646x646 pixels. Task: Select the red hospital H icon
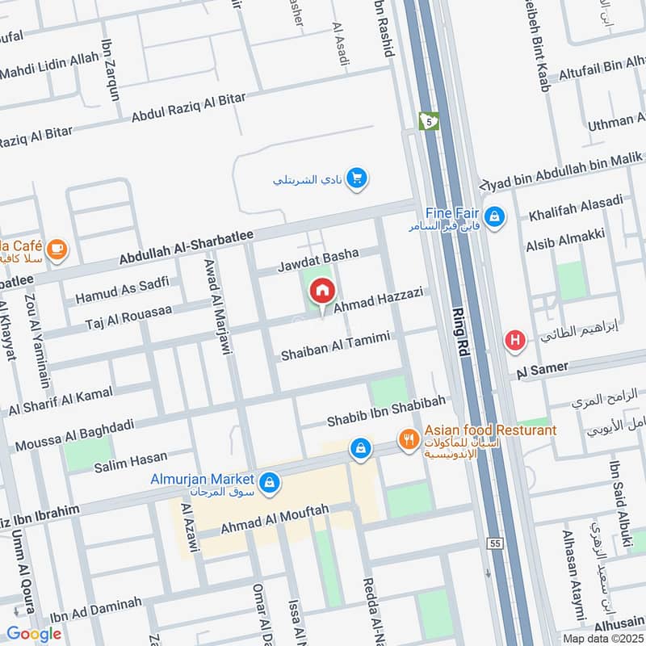(514, 341)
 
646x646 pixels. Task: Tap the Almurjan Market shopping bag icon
(271, 483)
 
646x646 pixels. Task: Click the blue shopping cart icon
(356, 178)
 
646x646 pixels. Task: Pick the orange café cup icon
(57, 248)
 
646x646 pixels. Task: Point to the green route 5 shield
(427, 121)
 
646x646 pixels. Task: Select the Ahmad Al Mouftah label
(275, 519)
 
